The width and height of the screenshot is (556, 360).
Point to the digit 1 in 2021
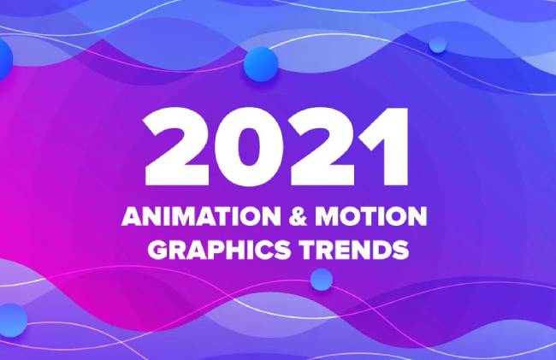pyautogui.click(x=386, y=147)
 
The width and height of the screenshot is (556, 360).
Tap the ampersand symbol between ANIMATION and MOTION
pyautogui.click(x=298, y=216)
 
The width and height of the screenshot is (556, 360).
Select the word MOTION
pyautogui.click(x=371, y=216)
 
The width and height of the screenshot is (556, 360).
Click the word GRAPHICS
pyautogui.click(x=219, y=250)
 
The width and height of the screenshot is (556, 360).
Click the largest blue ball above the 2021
pyautogui.click(x=261, y=64)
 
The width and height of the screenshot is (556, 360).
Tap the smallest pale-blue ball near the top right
pyautogui.click(x=438, y=45)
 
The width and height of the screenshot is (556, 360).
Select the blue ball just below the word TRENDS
pyautogui.click(x=322, y=280)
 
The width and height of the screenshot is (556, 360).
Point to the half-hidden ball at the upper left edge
pyautogui.click(x=4, y=59)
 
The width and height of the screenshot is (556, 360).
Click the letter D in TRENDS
pyautogui.click(x=380, y=250)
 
